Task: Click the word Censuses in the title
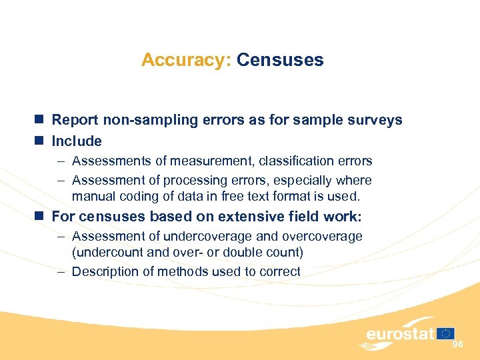[280, 60]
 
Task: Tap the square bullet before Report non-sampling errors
[40, 120]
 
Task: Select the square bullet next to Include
[40, 141]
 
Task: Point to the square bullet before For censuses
[40, 216]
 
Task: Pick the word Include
[77, 141]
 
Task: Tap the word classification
[301, 161]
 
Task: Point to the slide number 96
[457, 344]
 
